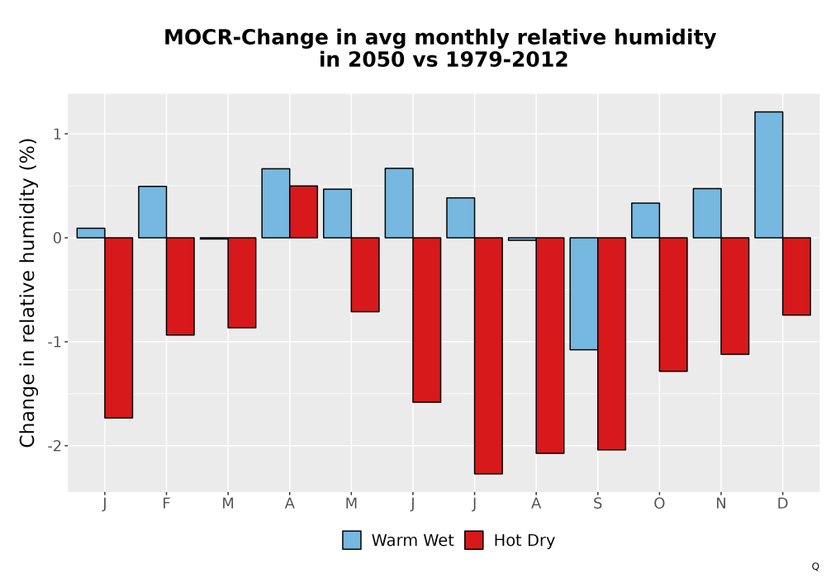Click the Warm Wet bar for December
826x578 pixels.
(768, 175)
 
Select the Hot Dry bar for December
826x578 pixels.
(796, 277)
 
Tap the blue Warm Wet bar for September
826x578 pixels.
(584, 294)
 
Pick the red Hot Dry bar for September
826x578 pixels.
(611, 343)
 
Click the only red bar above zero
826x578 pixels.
(303, 211)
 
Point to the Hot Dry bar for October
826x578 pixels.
(673, 304)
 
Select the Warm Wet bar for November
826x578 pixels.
(707, 213)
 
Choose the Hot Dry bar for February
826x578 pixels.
(180, 287)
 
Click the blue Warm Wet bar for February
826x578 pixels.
(152, 212)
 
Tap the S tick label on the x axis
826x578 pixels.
(597, 504)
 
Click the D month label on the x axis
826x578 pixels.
(783, 504)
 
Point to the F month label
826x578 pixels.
(167, 504)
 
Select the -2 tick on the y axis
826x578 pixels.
(55, 446)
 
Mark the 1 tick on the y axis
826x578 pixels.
(58, 135)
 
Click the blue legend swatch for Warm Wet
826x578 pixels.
(352, 540)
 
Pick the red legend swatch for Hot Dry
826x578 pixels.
(474, 540)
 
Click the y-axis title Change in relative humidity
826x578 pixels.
(28, 292)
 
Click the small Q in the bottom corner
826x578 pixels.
(815, 566)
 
